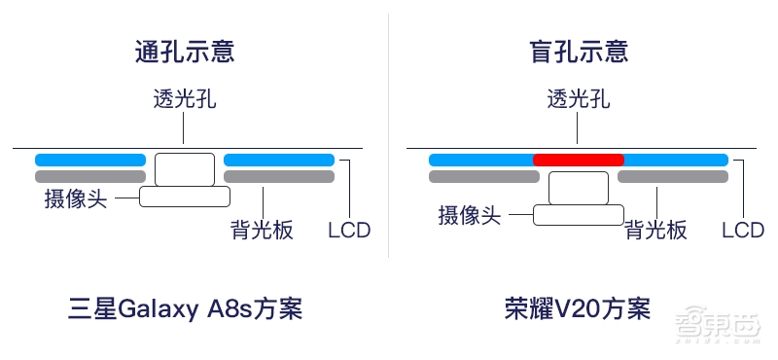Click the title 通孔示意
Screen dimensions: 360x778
pos(185,52)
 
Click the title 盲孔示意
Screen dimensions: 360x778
pos(579,52)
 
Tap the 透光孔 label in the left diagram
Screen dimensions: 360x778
pos(185,101)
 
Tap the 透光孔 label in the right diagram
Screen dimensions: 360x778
pos(579,101)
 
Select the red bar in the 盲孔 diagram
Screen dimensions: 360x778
pos(579,160)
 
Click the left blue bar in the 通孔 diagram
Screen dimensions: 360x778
pos(90,160)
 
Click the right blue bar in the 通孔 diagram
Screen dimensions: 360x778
pos(279,160)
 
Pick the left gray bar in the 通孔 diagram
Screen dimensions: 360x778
pos(90,177)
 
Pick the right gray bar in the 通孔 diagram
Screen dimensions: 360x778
pos(279,177)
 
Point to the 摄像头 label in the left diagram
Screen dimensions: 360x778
pos(75,198)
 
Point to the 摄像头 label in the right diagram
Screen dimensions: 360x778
pos(469,215)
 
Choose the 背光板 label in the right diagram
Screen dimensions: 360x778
pos(655,231)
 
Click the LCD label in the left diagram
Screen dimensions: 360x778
pos(349,231)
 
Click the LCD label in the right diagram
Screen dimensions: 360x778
pos(743,231)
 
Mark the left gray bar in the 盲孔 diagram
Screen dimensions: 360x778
pos(484,177)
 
